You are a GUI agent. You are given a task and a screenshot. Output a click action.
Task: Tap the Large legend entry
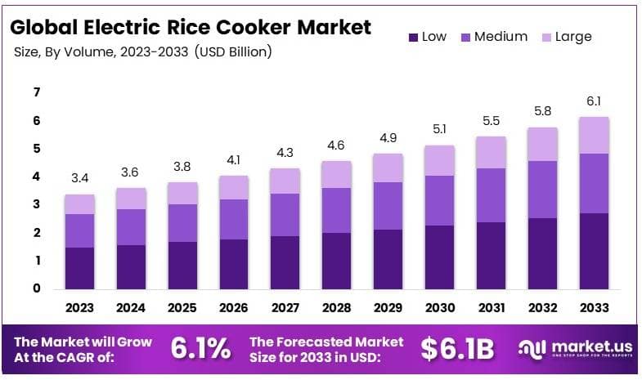pyautogui.click(x=564, y=37)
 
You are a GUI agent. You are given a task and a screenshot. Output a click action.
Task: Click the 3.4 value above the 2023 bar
pyautogui.click(x=80, y=177)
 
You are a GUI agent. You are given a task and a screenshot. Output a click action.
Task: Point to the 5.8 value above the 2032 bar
pyautogui.click(x=541, y=110)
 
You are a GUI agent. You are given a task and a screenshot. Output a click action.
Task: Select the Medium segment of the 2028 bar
pyautogui.click(x=335, y=210)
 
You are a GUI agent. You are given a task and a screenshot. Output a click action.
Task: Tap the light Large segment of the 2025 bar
pyautogui.click(x=182, y=193)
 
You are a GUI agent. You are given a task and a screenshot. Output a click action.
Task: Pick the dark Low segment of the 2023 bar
pyautogui.click(x=80, y=267)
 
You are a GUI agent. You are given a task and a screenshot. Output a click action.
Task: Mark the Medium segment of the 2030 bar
pyautogui.click(x=438, y=200)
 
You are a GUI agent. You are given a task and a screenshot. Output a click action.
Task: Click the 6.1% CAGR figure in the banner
pyautogui.click(x=200, y=349)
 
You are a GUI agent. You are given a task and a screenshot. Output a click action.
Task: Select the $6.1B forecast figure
pyautogui.click(x=457, y=349)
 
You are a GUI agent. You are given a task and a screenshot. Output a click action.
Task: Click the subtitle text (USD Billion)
pyautogui.click(x=233, y=51)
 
